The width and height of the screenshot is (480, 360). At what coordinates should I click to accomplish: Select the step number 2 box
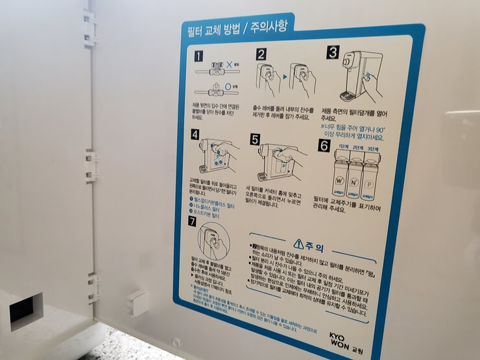(x=261, y=54)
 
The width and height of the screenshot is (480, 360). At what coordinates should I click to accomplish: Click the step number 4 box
(x=195, y=135)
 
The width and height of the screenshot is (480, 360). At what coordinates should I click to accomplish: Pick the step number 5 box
(x=255, y=138)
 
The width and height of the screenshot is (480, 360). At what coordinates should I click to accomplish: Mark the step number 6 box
(x=324, y=146)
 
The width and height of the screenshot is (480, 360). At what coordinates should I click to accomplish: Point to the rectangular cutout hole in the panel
(x=25, y=310)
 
